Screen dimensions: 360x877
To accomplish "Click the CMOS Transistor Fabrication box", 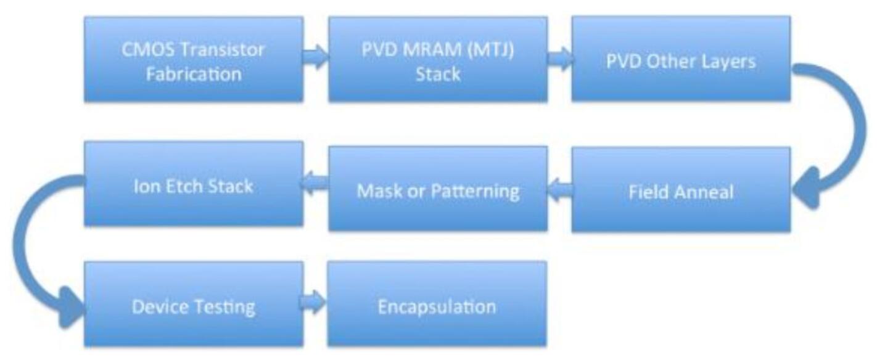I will pyautogui.click(x=193, y=59).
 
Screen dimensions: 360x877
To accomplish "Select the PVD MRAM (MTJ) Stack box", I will pyautogui.click(x=437, y=59).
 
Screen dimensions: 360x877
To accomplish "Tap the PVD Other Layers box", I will pyautogui.click(x=681, y=59).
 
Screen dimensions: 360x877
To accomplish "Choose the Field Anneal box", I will pyautogui.click(x=681, y=190).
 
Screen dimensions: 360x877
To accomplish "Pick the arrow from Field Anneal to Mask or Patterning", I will pyautogui.click(x=559, y=189).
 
